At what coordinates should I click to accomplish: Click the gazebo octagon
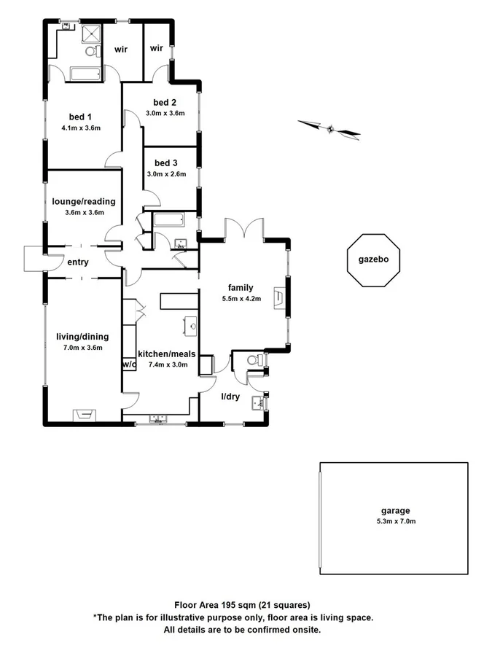click(x=374, y=260)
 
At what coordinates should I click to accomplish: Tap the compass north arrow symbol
click(x=329, y=129)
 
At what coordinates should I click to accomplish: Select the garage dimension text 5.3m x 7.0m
click(x=394, y=521)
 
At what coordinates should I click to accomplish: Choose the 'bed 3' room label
click(x=165, y=163)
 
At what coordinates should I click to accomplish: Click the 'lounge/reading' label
click(x=84, y=201)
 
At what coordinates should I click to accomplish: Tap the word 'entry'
click(x=78, y=262)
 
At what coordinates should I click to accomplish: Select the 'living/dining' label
click(x=82, y=336)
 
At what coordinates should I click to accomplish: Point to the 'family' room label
click(x=240, y=287)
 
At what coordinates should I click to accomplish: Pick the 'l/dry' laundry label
click(x=230, y=397)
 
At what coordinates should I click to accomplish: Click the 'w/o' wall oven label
click(x=129, y=363)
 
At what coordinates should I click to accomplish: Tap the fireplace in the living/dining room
click(x=83, y=415)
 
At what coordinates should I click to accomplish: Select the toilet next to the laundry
click(x=252, y=359)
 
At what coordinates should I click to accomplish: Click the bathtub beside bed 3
click(x=170, y=220)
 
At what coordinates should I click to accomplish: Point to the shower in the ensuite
click(x=91, y=34)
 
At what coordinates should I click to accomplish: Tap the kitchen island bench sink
click(x=192, y=325)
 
